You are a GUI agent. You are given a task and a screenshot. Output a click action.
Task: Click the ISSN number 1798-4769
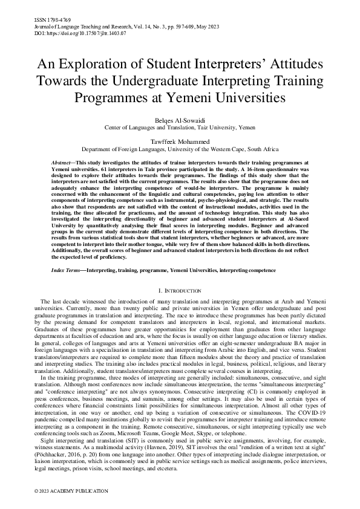pos(50,20)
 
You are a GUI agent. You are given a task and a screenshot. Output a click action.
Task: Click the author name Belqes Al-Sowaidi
pos(180,120)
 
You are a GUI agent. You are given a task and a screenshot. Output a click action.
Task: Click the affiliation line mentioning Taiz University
pos(180,128)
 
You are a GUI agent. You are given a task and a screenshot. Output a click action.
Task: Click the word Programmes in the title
pos(119,96)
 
